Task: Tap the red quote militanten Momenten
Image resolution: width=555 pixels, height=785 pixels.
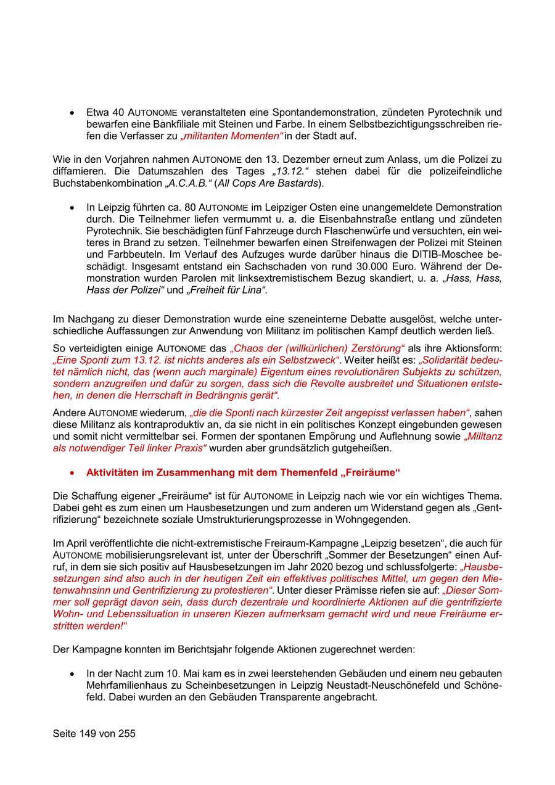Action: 227,136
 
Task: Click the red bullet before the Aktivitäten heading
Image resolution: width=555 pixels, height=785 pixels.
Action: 73,473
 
